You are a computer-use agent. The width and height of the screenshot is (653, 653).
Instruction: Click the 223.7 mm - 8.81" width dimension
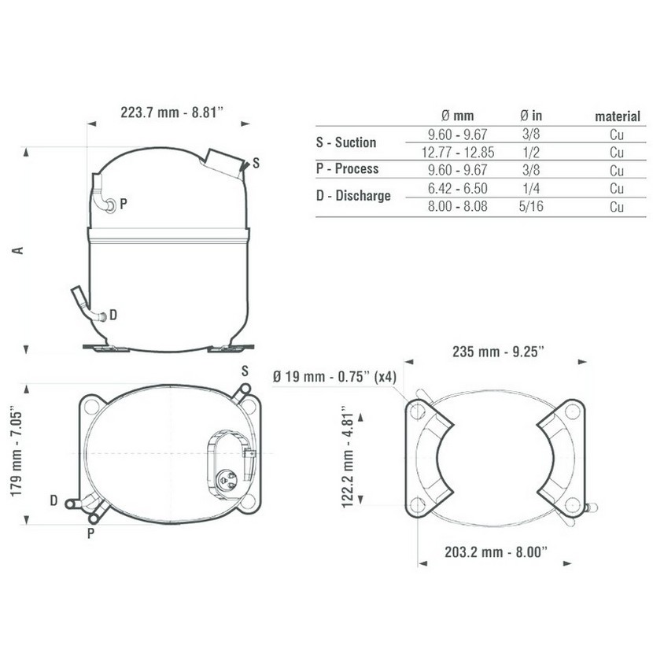click(172, 113)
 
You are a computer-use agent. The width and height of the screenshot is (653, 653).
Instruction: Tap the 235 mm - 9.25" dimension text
click(499, 352)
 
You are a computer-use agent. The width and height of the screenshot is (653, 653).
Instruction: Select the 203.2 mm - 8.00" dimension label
click(496, 552)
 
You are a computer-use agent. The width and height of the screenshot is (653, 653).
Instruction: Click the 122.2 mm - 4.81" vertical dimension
click(348, 456)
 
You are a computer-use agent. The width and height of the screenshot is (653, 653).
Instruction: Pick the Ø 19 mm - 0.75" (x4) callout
click(334, 377)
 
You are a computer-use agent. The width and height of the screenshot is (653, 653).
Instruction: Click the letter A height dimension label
click(18, 250)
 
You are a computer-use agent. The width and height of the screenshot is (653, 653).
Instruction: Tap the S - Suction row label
click(346, 142)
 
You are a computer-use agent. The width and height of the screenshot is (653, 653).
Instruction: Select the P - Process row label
click(347, 168)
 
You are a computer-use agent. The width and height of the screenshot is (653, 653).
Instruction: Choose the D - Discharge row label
click(353, 195)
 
